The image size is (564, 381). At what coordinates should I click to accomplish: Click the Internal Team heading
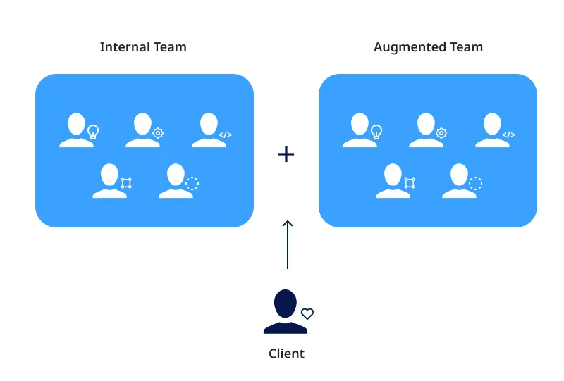(143, 48)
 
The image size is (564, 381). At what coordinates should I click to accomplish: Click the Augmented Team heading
(428, 48)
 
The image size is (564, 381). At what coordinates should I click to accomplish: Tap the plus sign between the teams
(286, 154)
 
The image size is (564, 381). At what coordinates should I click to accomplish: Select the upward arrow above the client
(287, 244)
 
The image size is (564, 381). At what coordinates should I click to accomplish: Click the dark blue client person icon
(285, 311)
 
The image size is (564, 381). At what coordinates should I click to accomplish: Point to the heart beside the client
(307, 314)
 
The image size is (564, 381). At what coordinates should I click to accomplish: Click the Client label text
(286, 354)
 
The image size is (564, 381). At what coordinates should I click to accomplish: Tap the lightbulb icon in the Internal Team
(92, 131)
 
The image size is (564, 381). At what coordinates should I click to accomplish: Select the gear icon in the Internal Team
(158, 133)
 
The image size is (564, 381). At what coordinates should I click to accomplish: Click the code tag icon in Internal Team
(225, 135)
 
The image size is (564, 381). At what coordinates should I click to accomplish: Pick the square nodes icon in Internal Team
(126, 183)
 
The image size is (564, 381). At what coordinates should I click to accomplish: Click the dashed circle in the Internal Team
(192, 183)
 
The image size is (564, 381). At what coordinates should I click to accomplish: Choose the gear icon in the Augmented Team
(441, 133)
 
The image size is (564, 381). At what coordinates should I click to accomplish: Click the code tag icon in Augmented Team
(508, 135)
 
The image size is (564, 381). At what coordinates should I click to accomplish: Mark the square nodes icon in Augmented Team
(410, 183)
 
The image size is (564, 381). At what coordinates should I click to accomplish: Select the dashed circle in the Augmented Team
(475, 183)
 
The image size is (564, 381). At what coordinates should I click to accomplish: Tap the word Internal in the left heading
(124, 48)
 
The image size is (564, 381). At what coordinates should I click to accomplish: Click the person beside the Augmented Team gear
(425, 130)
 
